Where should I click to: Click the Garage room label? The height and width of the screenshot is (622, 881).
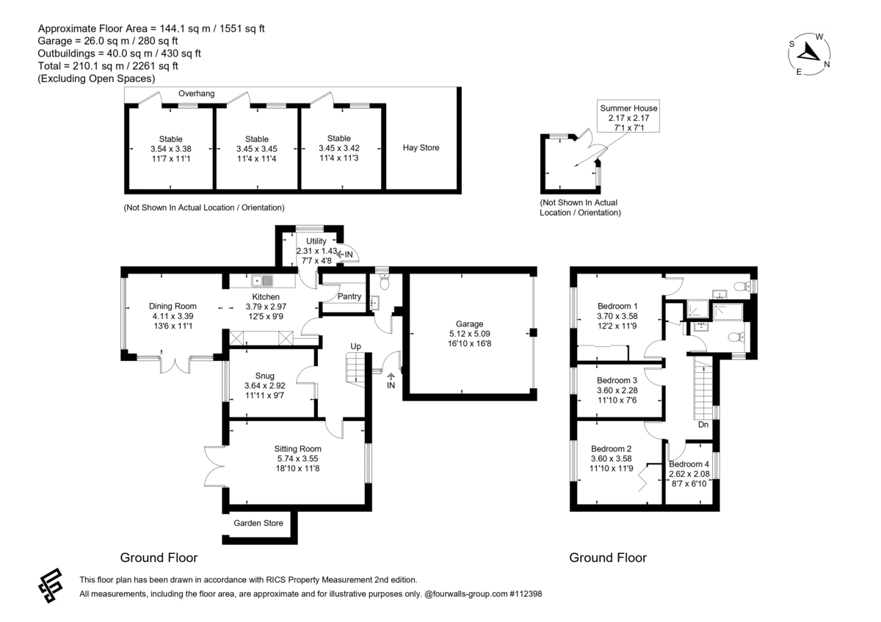click(469, 323)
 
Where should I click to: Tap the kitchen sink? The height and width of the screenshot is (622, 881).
click(262, 280)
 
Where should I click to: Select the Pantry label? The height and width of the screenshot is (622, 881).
click(349, 296)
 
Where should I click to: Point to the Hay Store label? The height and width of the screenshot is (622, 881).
click(421, 147)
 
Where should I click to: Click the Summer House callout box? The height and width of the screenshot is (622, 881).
click(628, 116)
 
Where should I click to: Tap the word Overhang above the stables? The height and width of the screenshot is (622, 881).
click(196, 93)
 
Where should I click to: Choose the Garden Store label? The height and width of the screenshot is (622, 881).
click(258, 523)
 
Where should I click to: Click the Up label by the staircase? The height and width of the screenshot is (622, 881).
click(355, 346)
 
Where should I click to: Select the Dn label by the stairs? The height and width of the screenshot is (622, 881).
click(703, 425)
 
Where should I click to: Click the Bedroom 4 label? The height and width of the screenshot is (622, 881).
click(689, 464)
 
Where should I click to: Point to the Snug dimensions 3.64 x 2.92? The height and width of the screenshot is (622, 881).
click(265, 386)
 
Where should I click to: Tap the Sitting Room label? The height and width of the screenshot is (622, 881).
click(298, 449)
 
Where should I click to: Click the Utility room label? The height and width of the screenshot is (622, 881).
click(316, 241)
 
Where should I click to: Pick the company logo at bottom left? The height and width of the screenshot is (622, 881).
click(51, 585)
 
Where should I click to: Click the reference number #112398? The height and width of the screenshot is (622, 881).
click(526, 593)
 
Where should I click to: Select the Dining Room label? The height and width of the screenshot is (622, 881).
click(173, 306)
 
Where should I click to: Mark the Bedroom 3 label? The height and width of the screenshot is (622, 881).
click(617, 381)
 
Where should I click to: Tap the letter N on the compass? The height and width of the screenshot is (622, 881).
click(827, 65)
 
